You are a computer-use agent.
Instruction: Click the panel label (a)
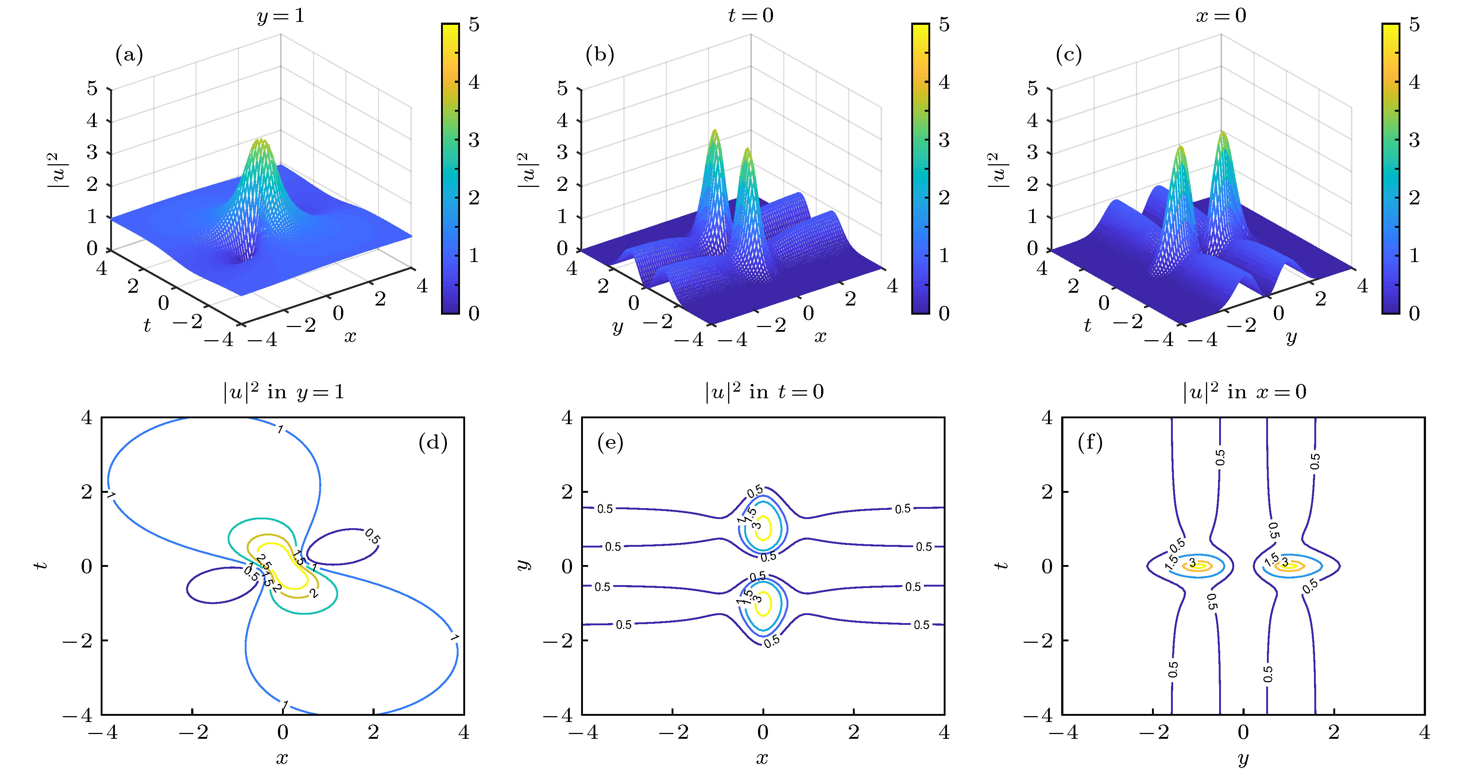point(129,55)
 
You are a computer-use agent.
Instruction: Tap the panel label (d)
point(433,442)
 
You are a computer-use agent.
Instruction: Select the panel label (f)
point(1090,442)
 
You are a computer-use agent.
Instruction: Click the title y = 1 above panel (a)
point(281,15)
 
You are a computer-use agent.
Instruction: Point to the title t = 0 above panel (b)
point(751,15)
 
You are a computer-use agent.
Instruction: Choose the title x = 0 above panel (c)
point(1221,15)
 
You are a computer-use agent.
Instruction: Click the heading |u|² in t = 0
point(764,392)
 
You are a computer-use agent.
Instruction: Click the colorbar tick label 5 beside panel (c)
point(1414,24)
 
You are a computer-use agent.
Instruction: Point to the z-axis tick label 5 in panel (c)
point(1032,89)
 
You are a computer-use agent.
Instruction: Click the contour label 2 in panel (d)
point(313,594)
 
